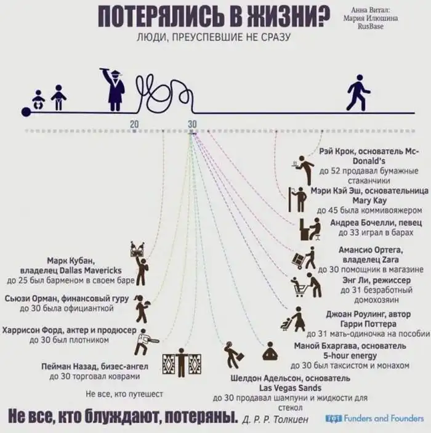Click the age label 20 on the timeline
click(134, 124)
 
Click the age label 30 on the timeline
click(192, 124)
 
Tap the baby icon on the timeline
click(38, 100)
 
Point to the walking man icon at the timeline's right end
click(358, 92)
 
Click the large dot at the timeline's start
click(26, 112)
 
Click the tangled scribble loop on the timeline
click(165, 94)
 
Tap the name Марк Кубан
click(71, 261)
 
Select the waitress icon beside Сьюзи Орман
click(143, 309)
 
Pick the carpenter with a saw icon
click(145, 342)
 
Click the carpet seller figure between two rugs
click(182, 363)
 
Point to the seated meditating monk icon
click(270, 350)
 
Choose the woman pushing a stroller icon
click(293, 319)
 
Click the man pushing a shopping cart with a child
click(306, 285)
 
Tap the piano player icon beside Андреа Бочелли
click(310, 229)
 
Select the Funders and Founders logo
click(374, 418)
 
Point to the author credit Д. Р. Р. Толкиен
click(275, 419)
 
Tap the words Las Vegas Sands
click(290, 388)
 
